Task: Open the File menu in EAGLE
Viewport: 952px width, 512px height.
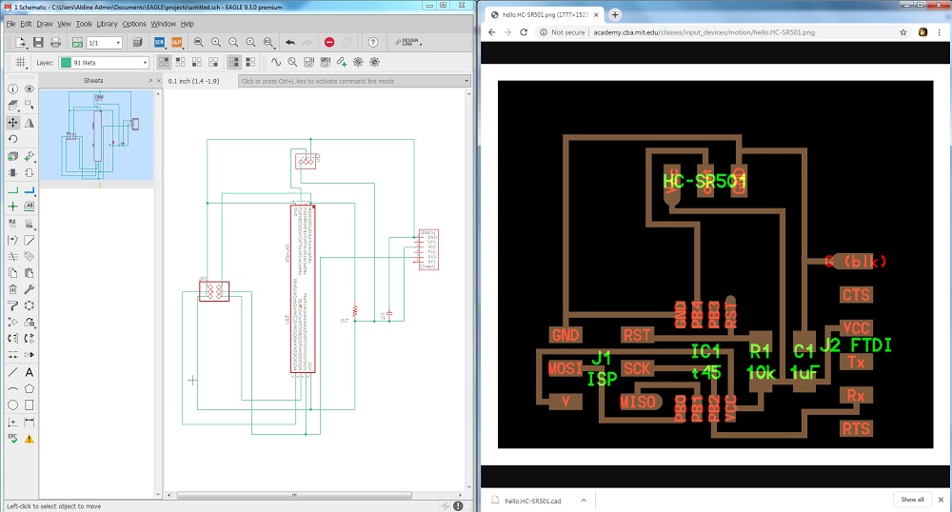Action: [10, 23]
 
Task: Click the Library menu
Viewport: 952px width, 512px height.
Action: [106, 23]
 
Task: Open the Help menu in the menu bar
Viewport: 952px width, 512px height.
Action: [187, 23]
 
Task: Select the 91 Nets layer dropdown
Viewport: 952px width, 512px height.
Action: [104, 63]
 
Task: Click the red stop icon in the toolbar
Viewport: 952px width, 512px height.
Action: [329, 43]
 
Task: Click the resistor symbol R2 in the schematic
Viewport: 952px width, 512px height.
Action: [355, 310]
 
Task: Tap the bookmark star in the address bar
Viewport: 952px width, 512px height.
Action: [903, 32]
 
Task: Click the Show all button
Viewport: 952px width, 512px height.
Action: [912, 499]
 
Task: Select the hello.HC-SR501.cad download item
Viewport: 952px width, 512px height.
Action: [533, 500]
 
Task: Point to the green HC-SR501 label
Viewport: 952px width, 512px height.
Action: [704, 181]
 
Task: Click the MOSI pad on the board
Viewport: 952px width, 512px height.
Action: [565, 368]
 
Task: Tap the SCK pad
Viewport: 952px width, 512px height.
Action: [637, 367]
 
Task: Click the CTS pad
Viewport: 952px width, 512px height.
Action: [856, 296]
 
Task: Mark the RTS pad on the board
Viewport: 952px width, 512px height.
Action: [856, 428]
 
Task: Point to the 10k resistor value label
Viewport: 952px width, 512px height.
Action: [761, 373]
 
